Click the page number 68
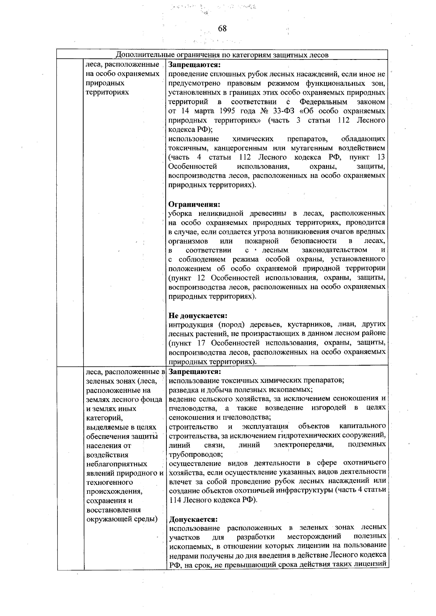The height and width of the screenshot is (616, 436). [x=222, y=29]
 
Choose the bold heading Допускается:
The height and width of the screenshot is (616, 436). [x=193, y=519]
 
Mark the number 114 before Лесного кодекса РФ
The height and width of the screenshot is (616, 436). [x=175, y=500]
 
